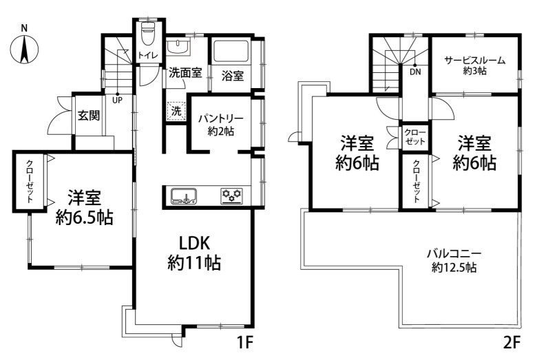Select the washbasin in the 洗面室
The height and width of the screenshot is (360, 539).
click(178, 47)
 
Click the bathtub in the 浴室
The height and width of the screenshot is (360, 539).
click(231, 51)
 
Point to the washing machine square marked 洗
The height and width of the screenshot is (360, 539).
click(176, 111)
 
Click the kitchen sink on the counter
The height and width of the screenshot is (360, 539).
click(183, 196)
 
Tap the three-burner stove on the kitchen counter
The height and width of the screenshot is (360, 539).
click(231, 196)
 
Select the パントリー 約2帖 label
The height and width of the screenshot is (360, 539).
click(221, 125)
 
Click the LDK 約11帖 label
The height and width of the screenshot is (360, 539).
click(194, 253)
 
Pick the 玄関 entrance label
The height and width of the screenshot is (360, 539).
click(89, 115)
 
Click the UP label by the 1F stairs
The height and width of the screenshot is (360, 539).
click(117, 100)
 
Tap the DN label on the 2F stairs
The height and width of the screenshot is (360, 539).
click(415, 72)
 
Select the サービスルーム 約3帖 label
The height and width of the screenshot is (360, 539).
click(475, 65)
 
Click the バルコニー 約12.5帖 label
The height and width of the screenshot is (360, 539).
click(454, 261)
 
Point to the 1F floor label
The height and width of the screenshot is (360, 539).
click(244, 343)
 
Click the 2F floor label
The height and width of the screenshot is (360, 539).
click(511, 343)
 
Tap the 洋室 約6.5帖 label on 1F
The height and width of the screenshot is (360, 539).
click(84, 207)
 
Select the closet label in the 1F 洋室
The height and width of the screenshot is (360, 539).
click(30, 181)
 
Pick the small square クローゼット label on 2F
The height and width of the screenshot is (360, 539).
click(415, 137)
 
